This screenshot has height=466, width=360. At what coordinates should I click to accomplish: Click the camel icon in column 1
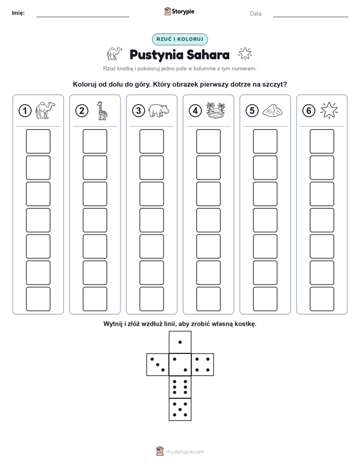click(x=45, y=110)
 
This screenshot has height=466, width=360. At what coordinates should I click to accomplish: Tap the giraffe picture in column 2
click(x=102, y=110)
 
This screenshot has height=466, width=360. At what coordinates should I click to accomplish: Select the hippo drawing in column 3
click(x=159, y=110)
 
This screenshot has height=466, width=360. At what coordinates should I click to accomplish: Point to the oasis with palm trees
click(x=216, y=110)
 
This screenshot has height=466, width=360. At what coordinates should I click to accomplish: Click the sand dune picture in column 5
click(x=272, y=110)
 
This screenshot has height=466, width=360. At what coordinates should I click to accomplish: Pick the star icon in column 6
click(x=329, y=110)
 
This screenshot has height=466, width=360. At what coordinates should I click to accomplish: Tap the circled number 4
click(x=195, y=111)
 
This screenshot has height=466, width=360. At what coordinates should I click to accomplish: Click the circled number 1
click(x=25, y=111)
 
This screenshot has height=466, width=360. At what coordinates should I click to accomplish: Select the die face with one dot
click(x=180, y=342)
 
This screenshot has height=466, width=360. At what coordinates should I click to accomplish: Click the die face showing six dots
click(x=180, y=387)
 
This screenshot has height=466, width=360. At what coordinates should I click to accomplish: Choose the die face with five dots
click(x=180, y=410)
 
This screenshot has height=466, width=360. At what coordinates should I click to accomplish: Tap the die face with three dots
click(x=158, y=365)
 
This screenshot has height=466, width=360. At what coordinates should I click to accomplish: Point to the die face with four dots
click(x=203, y=365)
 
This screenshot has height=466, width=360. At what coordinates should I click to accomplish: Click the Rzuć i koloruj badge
click(x=180, y=39)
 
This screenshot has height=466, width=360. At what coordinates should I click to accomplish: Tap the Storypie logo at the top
click(x=179, y=12)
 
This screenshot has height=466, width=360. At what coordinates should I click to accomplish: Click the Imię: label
click(x=18, y=13)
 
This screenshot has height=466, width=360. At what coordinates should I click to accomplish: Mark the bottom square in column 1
click(x=38, y=299)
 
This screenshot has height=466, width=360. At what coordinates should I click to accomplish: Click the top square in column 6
click(x=322, y=141)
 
